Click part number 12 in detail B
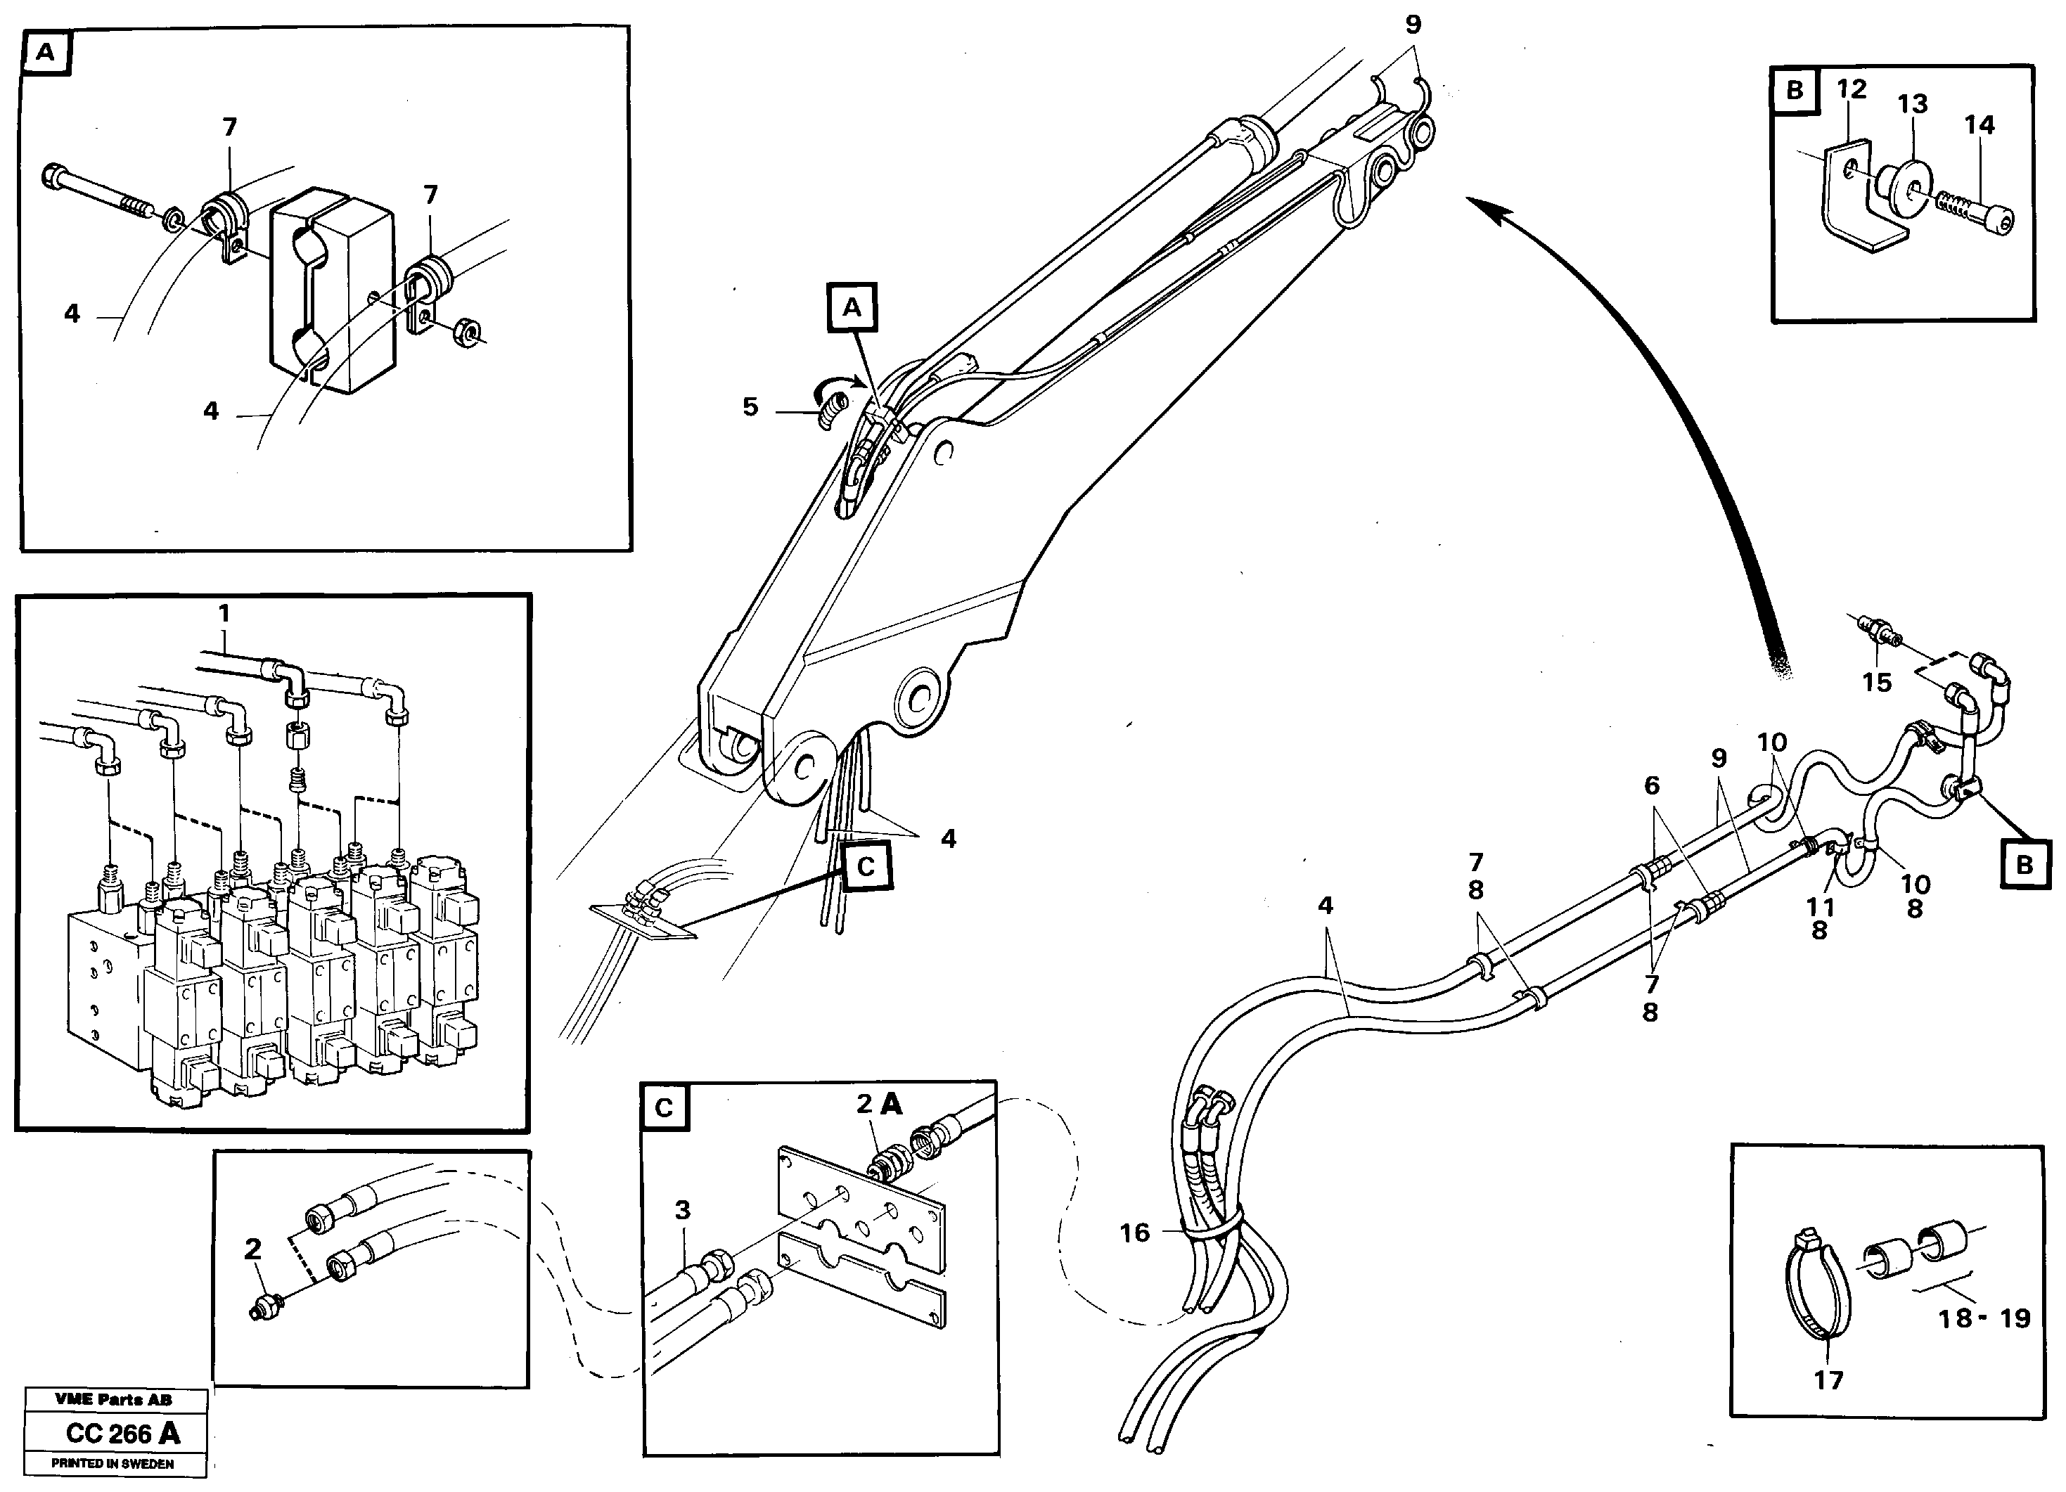point(1851,89)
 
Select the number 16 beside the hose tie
point(1134,1233)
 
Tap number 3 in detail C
point(682,1211)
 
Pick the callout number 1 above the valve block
point(224,614)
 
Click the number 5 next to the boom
point(750,406)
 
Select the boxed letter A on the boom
point(852,308)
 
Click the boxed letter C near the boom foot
point(866,866)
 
